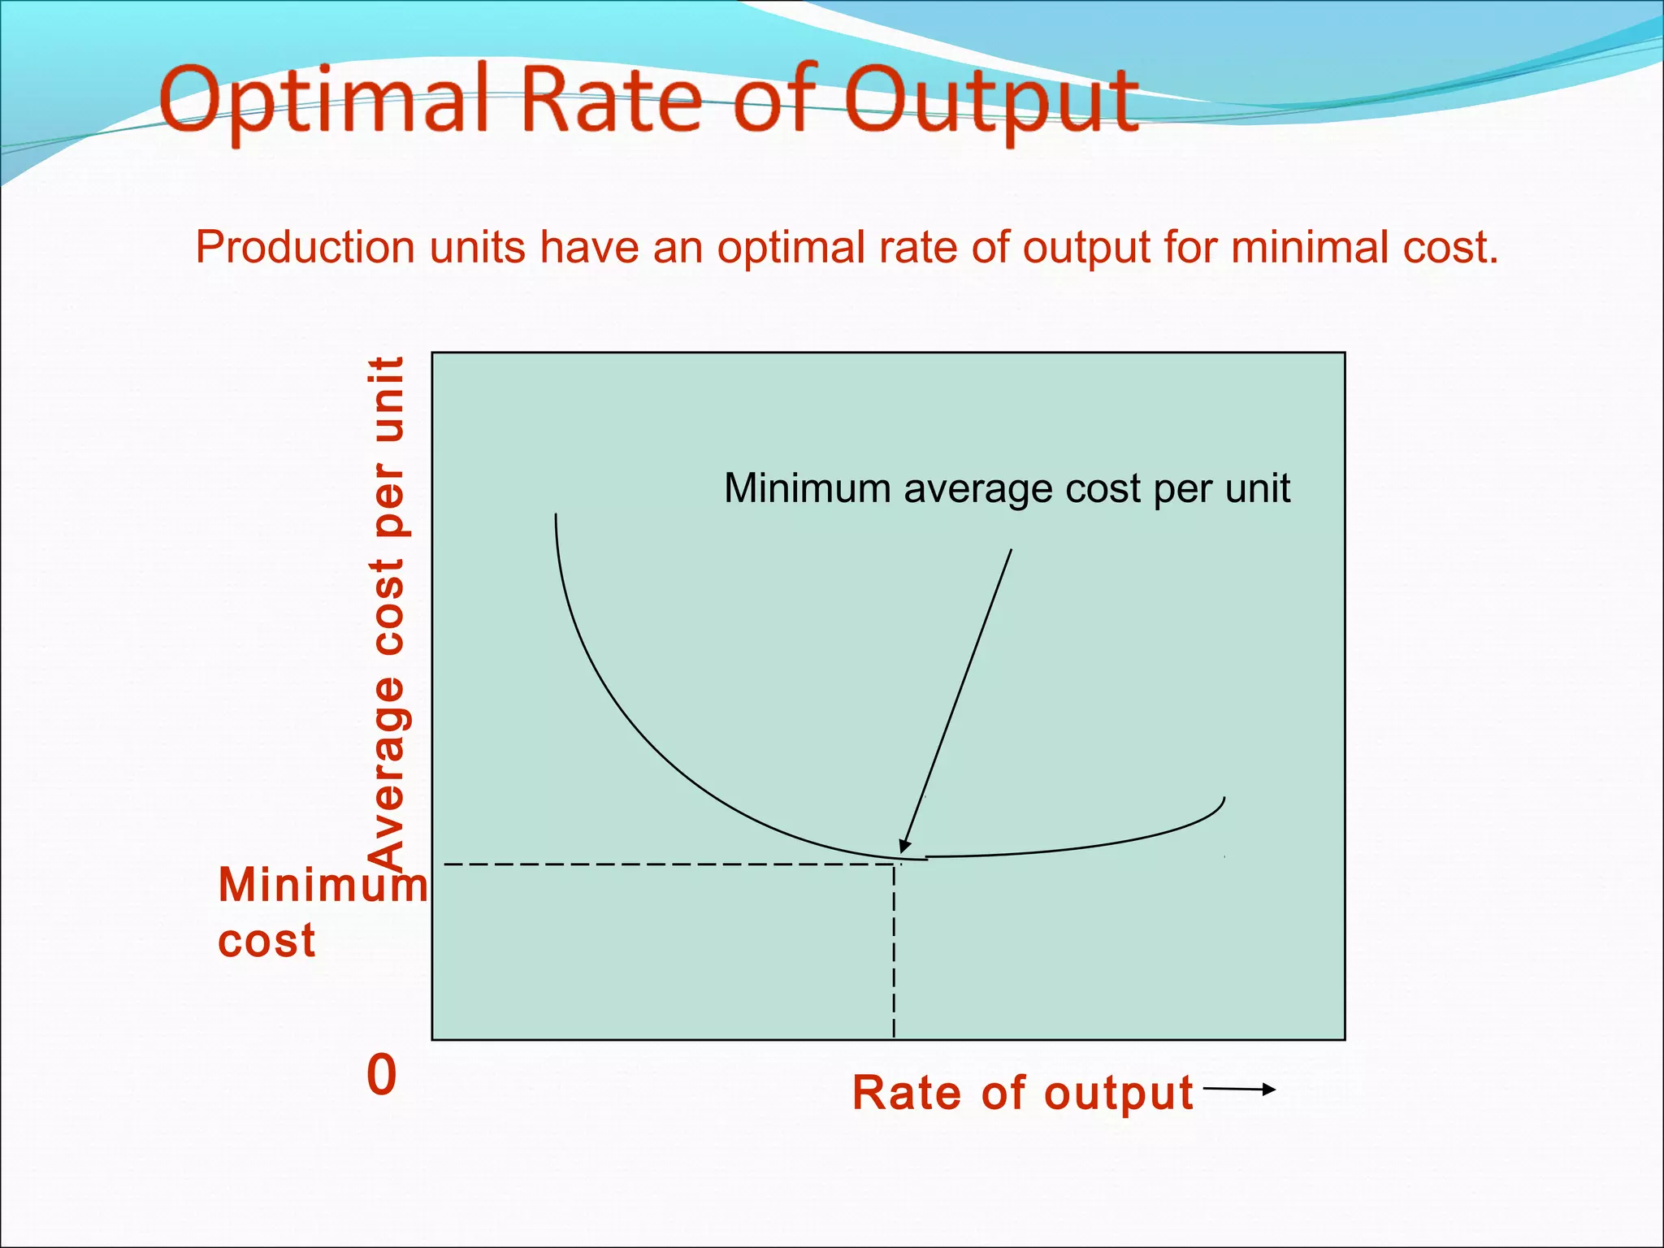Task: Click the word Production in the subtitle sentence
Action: (x=305, y=247)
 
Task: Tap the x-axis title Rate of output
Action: (x=1022, y=1092)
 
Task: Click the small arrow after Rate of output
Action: (x=1240, y=1090)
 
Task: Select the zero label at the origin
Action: (x=382, y=1075)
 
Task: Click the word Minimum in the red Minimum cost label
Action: (x=322, y=885)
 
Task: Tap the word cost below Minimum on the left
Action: (x=266, y=941)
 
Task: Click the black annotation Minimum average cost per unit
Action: (x=1007, y=488)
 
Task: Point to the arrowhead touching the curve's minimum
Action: (x=904, y=846)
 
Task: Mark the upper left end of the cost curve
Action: (x=557, y=517)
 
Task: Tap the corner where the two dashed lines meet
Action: (x=894, y=864)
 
